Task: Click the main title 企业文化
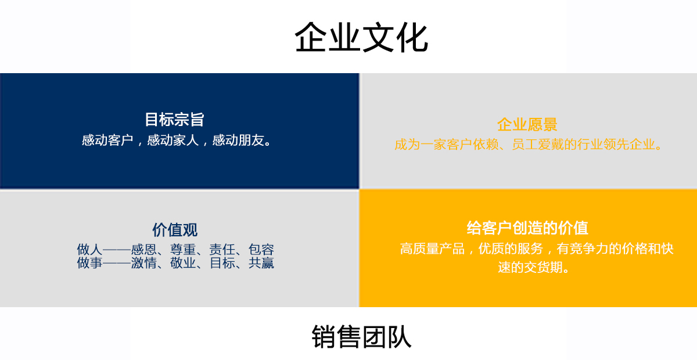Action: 361,37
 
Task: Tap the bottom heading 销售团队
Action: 361,337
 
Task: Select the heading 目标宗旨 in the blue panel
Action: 175,120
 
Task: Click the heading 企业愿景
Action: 527,124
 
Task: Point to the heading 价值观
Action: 175,230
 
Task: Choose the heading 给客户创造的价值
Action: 527,228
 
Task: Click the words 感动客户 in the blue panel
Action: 107,141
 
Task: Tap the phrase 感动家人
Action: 173,141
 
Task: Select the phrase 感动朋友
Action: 238,141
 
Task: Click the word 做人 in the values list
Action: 89,250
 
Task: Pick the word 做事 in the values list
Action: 89,263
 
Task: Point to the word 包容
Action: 261,250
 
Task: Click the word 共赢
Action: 261,263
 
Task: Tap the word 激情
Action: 144,263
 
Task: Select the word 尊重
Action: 183,250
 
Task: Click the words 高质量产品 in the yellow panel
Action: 432,249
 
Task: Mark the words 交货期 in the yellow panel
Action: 543,267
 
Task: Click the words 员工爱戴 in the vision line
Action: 538,145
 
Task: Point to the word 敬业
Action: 183,263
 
